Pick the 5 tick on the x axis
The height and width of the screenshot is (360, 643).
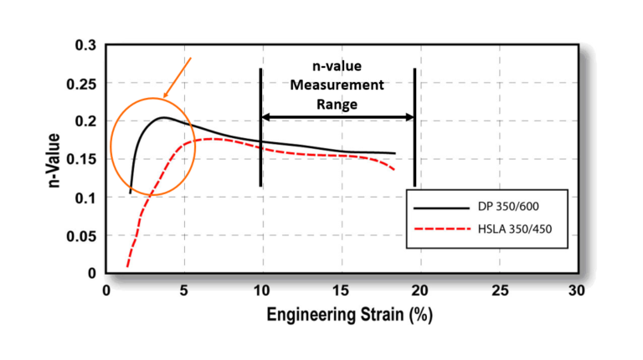tap(184, 290)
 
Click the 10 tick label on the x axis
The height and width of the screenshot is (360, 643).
tap(262, 290)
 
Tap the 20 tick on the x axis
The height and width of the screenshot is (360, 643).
tap(419, 290)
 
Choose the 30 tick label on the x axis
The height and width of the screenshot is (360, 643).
tap(576, 290)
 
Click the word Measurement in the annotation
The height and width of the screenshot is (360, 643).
tap(338, 85)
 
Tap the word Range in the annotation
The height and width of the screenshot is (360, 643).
tap(338, 104)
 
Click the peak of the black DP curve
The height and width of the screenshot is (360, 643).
tap(164, 118)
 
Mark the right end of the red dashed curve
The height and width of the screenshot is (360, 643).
tap(394, 171)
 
